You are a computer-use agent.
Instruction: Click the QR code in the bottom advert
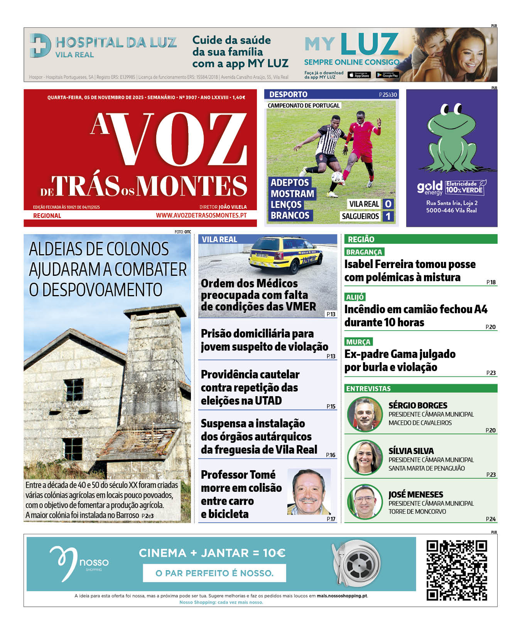pos(456,570)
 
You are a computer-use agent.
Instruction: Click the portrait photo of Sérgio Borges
pos(365,414)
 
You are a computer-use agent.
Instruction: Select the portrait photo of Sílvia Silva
pos(365,457)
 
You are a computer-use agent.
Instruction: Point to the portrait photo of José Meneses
pos(365,501)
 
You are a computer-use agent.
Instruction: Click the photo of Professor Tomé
pos(309,492)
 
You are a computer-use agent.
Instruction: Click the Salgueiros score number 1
pos(388,216)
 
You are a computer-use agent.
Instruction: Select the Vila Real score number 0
pos(388,204)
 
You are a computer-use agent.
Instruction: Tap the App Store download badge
pos(359,75)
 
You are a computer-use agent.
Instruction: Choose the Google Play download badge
pos(387,75)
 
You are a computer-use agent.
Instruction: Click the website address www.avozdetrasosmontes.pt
pos(201,215)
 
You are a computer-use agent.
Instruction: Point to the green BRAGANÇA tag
pos(364,252)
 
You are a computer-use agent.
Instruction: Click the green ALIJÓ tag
pos(355,297)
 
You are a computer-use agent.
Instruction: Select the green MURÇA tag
pos(358,342)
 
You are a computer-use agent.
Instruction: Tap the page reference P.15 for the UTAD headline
pos(331,406)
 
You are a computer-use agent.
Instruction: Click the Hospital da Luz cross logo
pos(40,46)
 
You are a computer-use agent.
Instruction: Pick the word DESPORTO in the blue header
pos(288,95)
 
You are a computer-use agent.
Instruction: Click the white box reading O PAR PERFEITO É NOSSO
pos(214,573)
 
